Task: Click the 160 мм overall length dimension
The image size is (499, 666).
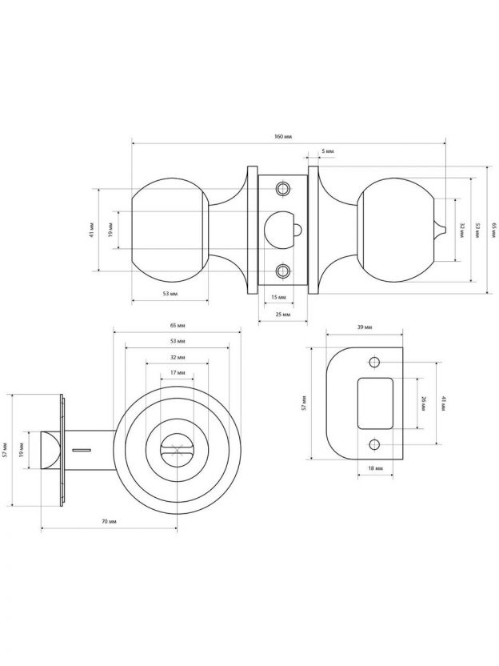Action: pos(283,137)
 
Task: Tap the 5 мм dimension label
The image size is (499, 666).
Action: pos(328,150)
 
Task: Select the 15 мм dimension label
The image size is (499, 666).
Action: pos(278,297)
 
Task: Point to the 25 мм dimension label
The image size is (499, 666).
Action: pos(283,315)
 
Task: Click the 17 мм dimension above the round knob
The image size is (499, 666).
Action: pos(178,372)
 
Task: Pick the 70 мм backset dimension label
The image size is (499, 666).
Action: pos(109,521)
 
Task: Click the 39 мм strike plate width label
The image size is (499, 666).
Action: pos(365,327)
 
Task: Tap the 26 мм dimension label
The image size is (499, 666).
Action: pos(423,403)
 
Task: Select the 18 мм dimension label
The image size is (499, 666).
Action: pos(376,468)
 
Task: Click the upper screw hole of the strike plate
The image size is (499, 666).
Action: pos(374,363)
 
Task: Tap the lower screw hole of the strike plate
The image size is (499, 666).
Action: pos(374,445)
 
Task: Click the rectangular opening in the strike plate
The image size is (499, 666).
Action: pos(375,403)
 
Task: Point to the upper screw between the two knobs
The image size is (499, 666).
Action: pos(282,188)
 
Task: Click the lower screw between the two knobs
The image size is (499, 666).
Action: pos(282,271)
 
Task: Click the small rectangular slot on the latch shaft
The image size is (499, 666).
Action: pos(82,449)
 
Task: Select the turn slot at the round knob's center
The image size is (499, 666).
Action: pos(177,450)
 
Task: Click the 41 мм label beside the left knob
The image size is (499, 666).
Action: pos(92,230)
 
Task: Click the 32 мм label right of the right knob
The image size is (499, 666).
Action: pos(461,230)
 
